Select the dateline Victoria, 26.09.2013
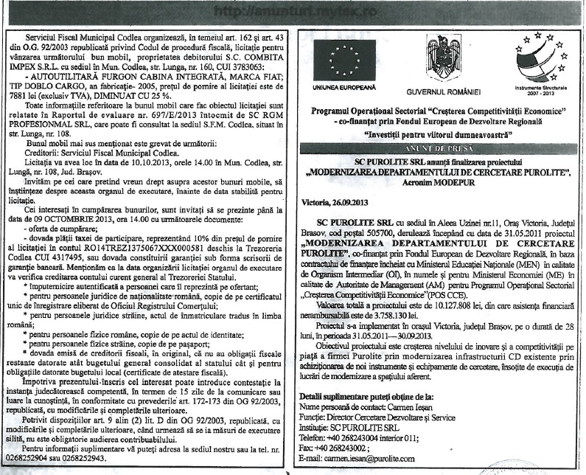click(x=338, y=201)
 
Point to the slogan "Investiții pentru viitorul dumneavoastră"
click(x=437, y=135)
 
